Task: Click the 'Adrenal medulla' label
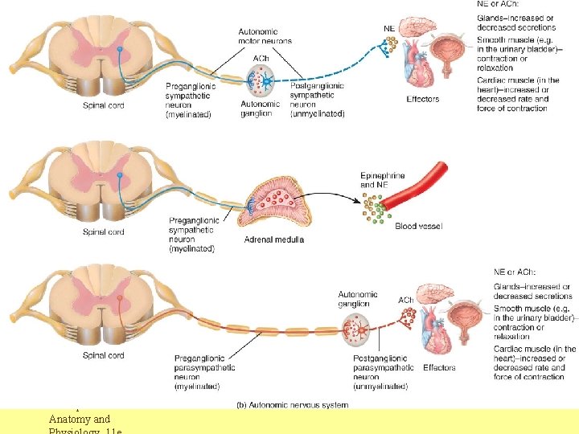click(x=273, y=240)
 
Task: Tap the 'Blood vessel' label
click(x=418, y=227)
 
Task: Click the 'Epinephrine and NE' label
click(x=383, y=180)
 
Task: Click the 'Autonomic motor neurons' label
click(x=265, y=36)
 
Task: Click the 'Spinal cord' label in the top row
click(x=104, y=105)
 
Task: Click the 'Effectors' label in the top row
click(x=423, y=99)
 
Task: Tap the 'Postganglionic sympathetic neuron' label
click(x=317, y=100)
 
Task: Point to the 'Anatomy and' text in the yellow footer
click(x=80, y=418)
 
